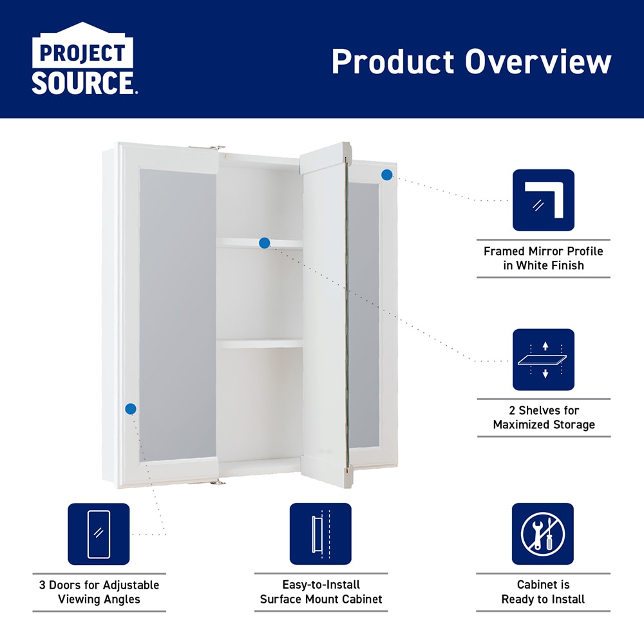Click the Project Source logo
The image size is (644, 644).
pyautogui.click(x=84, y=59)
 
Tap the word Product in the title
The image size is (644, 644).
pyautogui.click(x=393, y=62)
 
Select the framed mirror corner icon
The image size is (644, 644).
pyautogui.click(x=543, y=200)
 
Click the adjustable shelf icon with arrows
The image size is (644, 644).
pyautogui.click(x=543, y=359)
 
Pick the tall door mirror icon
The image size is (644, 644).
pyautogui.click(x=99, y=534)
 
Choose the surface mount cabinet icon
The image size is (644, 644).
pyautogui.click(x=320, y=534)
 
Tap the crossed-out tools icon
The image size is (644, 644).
pyautogui.click(x=542, y=534)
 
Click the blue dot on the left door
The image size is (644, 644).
pyautogui.click(x=131, y=409)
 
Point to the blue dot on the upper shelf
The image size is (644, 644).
pyautogui.click(x=265, y=243)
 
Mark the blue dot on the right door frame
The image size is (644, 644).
pyautogui.click(x=387, y=175)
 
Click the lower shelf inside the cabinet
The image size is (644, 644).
pyautogui.click(x=260, y=343)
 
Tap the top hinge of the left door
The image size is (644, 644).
pyautogui.click(x=207, y=147)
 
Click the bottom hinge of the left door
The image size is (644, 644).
pyautogui.click(x=207, y=482)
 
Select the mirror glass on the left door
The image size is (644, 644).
pyautogui.click(x=178, y=315)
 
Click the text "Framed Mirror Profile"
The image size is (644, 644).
pyautogui.click(x=543, y=251)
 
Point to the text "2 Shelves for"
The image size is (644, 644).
pyautogui.click(x=544, y=410)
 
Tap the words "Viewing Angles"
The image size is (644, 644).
pyautogui.click(x=99, y=599)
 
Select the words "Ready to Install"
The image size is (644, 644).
pyautogui.click(x=543, y=599)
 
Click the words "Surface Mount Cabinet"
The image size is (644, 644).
pyautogui.click(x=321, y=599)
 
